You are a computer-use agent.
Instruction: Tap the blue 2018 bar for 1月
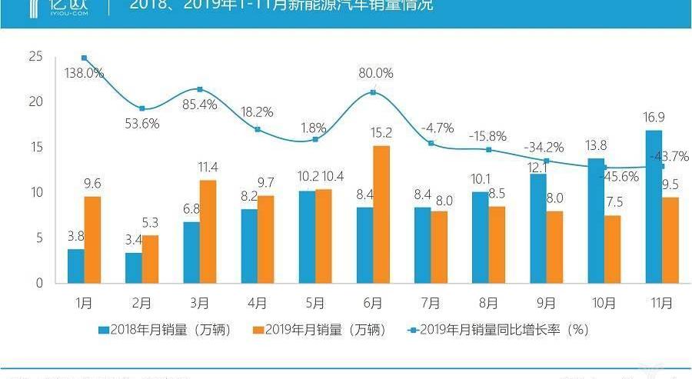click(75, 265)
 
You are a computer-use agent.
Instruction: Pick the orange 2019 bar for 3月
click(208, 231)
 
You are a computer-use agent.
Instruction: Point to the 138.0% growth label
click(85, 73)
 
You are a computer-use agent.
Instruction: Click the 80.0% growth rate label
click(375, 74)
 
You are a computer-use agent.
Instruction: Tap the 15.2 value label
click(381, 132)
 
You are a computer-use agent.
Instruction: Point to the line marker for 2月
click(141, 108)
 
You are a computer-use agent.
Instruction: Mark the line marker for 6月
click(373, 92)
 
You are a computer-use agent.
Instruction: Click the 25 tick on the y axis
click(35, 56)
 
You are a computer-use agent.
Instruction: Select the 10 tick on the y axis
click(35, 192)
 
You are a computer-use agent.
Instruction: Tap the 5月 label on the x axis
click(314, 303)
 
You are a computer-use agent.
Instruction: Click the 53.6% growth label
click(143, 124)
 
